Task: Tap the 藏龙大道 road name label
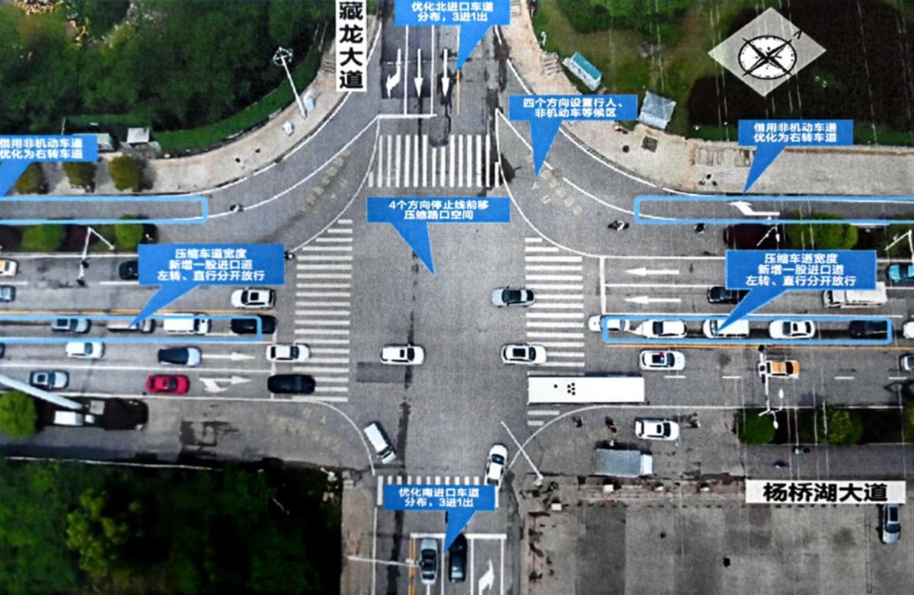point(351,46)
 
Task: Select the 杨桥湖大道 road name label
point(824,492)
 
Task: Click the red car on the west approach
point(168,384)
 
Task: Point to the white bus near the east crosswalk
point(586,389)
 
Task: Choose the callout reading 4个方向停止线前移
point(438,210)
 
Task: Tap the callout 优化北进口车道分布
point(452,12)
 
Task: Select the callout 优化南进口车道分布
point(439,497)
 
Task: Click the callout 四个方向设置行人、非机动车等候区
point(572,107)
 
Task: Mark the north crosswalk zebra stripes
point(430,161)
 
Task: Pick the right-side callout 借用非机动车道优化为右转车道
point(795,132)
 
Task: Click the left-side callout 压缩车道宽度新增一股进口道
point(211,264)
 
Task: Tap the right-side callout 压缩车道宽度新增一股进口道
point(800,270)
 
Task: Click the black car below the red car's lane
point(291,384)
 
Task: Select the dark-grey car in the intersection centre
point(513,296)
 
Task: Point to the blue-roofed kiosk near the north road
point(584,70)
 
